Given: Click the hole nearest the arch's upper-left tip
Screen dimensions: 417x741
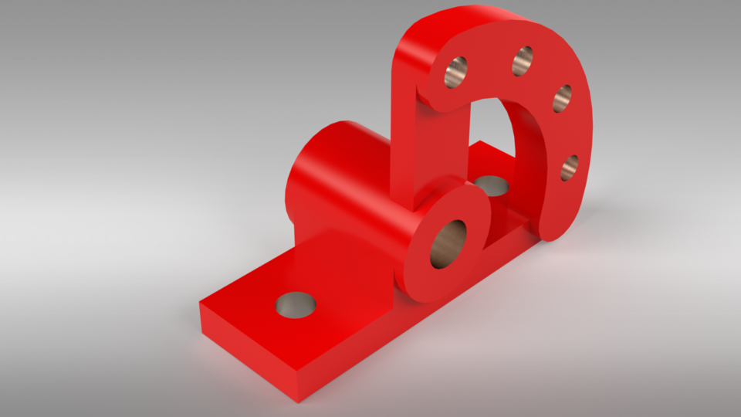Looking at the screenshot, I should pos(457,72).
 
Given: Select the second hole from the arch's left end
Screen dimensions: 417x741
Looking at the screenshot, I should pos(523,60).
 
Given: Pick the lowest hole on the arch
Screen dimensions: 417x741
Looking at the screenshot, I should pos(570,167).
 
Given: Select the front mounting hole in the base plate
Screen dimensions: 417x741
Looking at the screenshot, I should pos(296,306).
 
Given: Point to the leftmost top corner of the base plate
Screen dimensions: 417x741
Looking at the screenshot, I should pos(201,303).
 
